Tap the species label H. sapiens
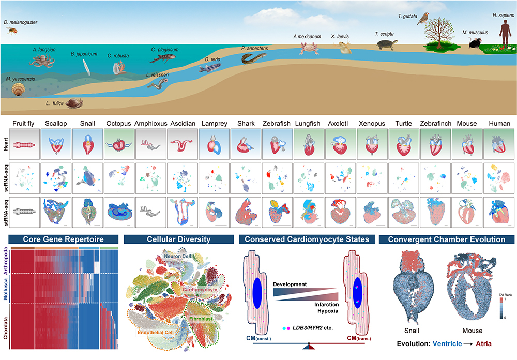point(503,15)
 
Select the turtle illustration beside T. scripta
point(387,44)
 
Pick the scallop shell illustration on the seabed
point(18,89)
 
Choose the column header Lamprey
point(215,124)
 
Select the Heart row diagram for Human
point(499,144)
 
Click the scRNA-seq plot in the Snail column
point(88,178)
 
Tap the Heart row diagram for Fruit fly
point(24,144)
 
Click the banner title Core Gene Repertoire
point(63,239)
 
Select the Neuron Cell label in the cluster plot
point(177,256)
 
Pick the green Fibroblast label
point(201,319)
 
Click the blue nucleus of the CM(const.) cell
point(257,290)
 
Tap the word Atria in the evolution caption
point(483,343)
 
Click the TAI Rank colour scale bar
point(501,308)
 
